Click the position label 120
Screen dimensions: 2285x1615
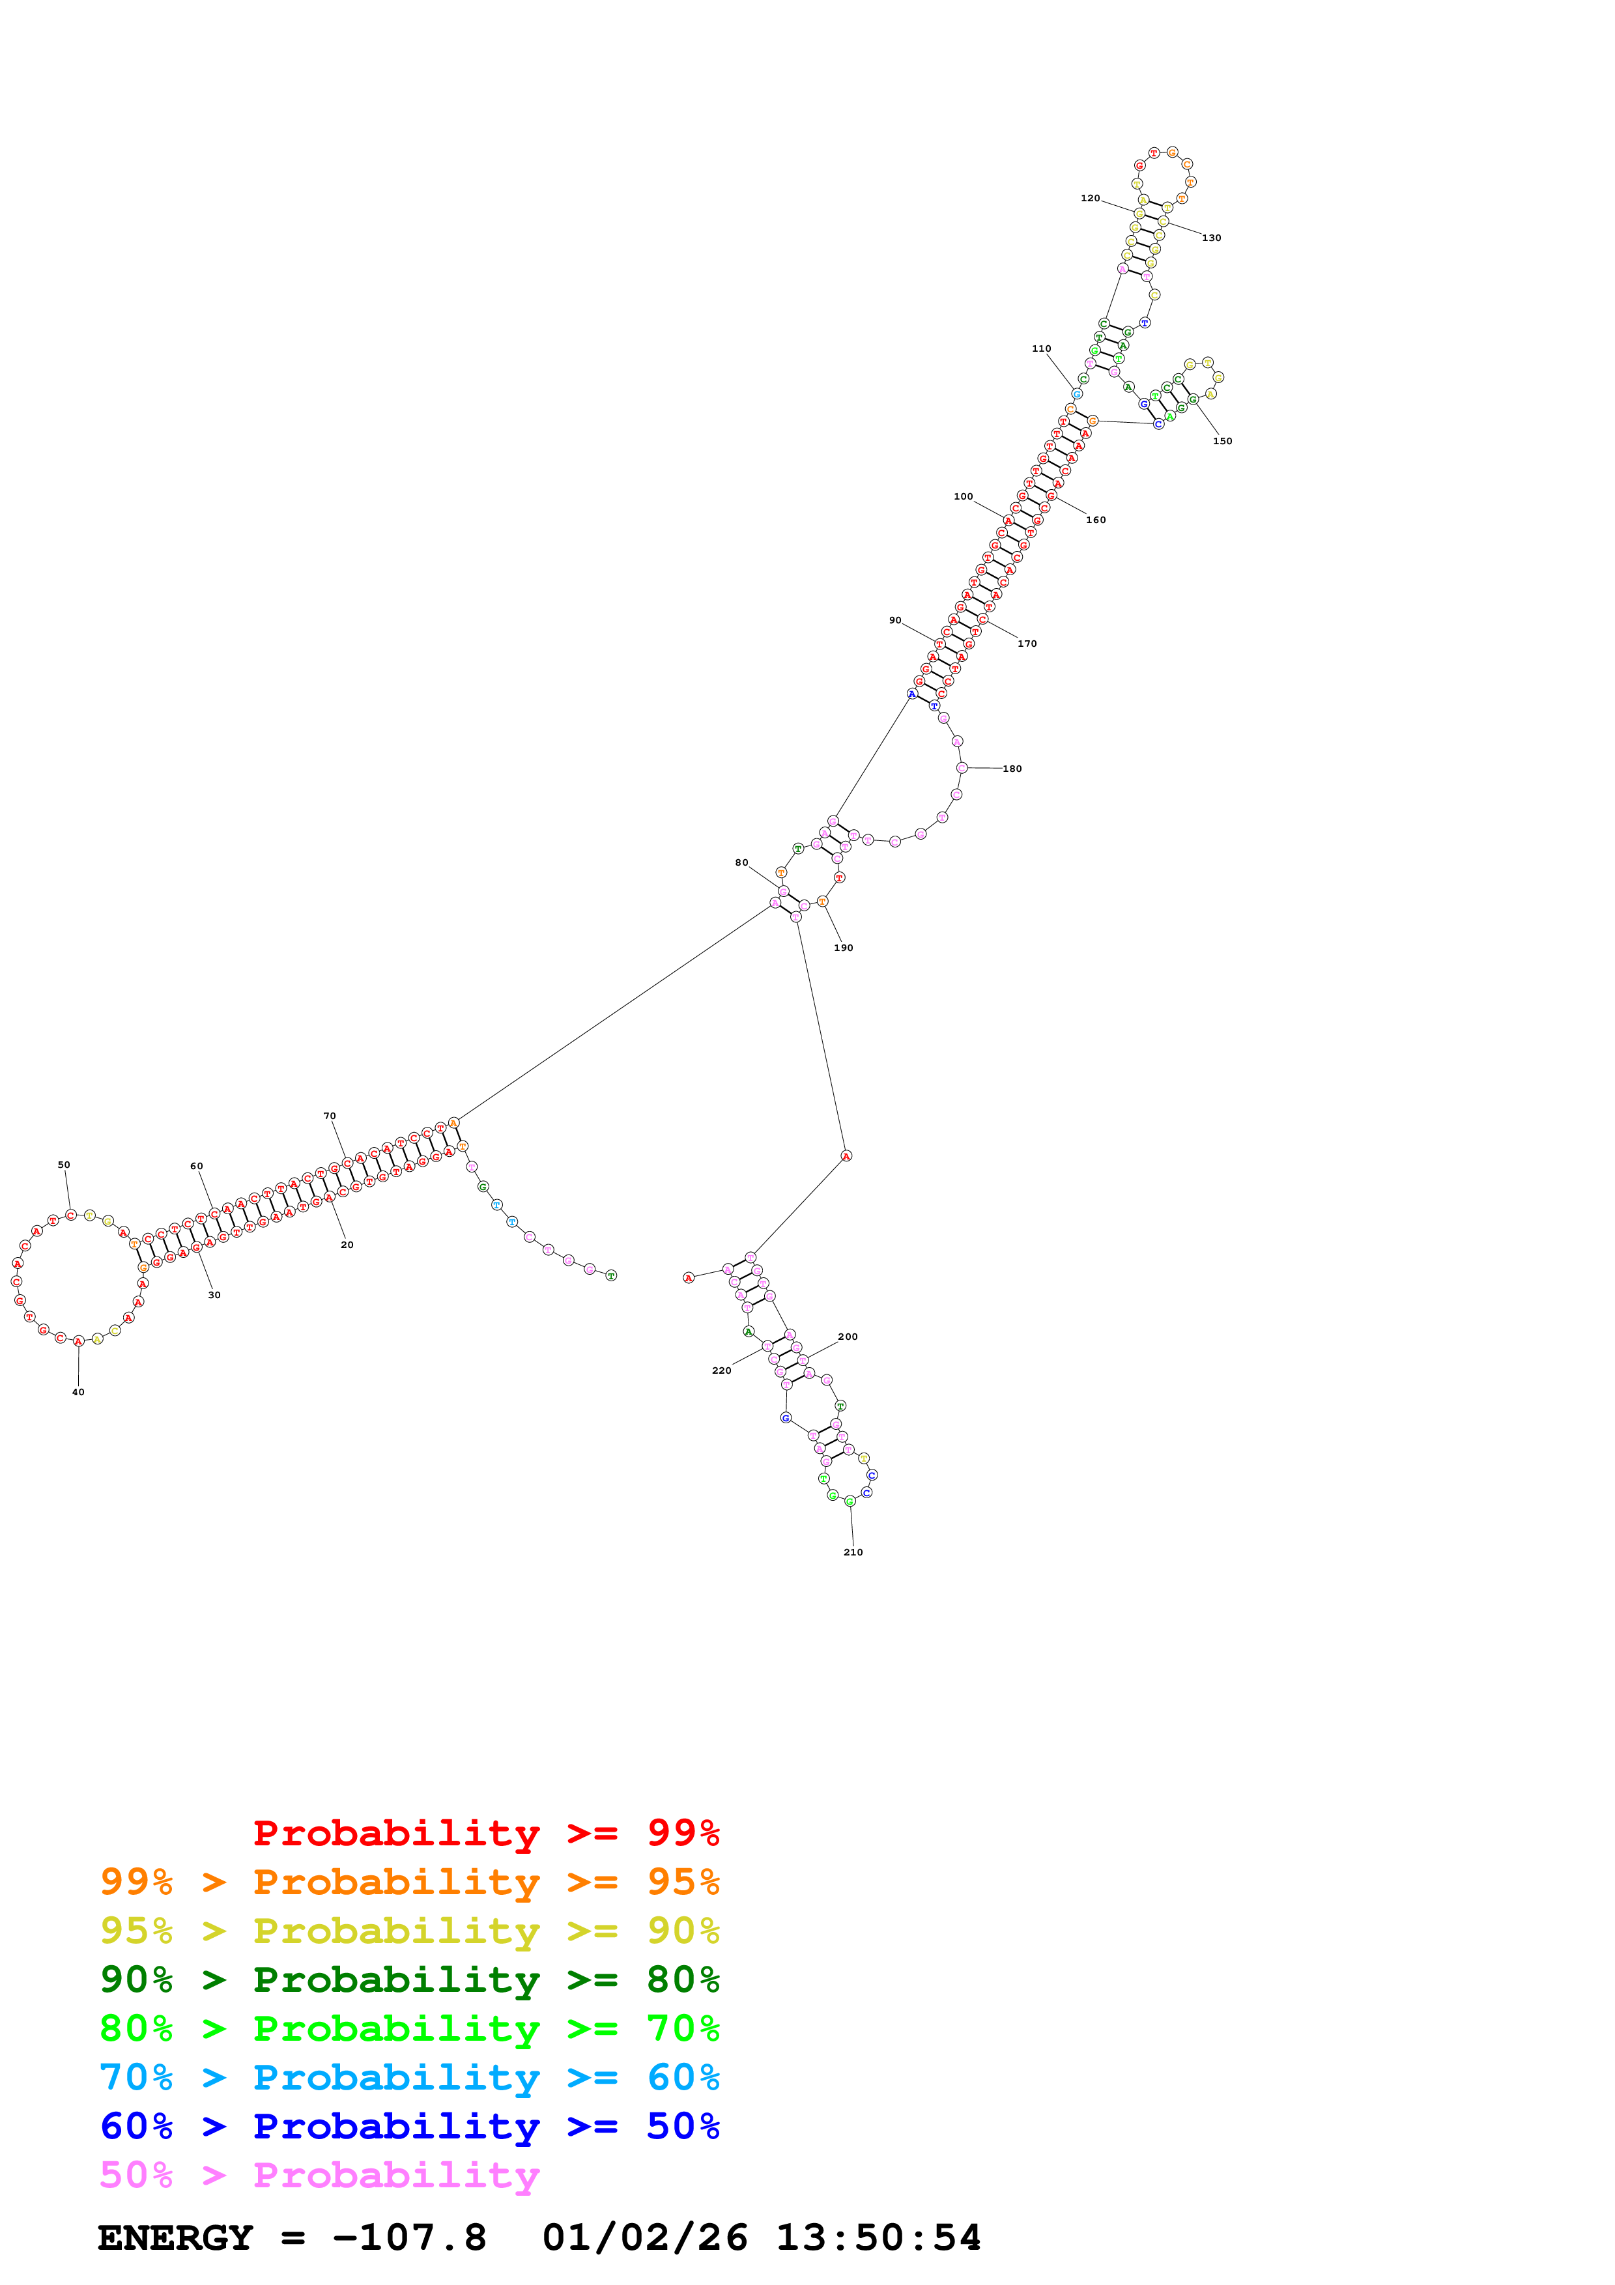(x=1090, y=198)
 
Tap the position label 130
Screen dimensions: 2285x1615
(x=1211, y=238)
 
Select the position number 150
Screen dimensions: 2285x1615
(x=1222, y=441)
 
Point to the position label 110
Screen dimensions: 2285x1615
(x=1041, y=348)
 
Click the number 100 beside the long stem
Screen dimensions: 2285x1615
(x=964, y=496)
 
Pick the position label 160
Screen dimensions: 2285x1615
(x=1096, y=520)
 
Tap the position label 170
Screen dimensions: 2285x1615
(x=1027, y=644)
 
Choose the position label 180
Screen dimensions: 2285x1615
(x=1012, y=769)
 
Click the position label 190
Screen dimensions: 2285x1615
(x=843, y=948)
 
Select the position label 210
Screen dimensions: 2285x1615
(x=853, y=1552)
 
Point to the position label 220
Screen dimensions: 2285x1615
(x=721, y=1370)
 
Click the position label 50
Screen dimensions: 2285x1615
(x=64, y=1165)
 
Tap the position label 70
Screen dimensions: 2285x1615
(x=330, y=1116)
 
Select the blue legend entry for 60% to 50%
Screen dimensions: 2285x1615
(x=409, y=2126)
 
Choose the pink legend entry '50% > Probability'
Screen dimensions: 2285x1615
(x=319, y=2174)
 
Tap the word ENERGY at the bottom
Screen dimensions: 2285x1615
(x=175, y=2238)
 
